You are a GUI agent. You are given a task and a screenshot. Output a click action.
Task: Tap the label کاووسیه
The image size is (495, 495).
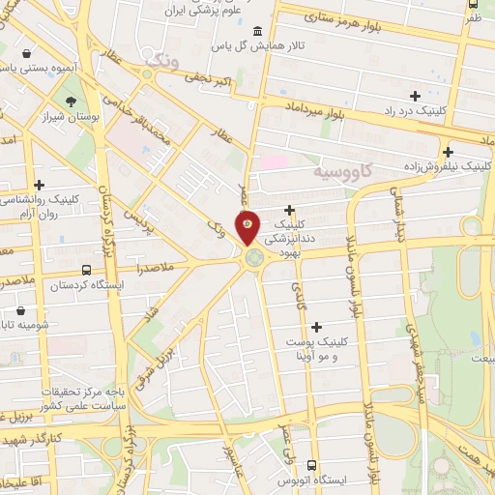tap(344, 172)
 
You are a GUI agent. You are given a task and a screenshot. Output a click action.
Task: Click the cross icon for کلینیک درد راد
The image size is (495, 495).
tap(416, 96)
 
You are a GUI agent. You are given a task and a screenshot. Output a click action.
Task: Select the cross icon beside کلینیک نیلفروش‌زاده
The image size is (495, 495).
tap(448, 151)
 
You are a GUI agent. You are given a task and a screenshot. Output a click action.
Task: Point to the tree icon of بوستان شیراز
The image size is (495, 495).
tap(71, 101)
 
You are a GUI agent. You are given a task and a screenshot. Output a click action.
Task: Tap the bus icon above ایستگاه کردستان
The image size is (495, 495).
tap(87, 271)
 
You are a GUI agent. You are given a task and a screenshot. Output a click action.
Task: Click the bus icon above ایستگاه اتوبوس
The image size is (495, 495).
tap(311, 466)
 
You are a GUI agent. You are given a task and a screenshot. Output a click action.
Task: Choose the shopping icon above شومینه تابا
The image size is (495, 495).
tap(21, 311)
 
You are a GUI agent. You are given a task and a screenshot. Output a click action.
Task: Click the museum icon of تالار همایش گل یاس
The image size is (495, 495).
tap(255, 29)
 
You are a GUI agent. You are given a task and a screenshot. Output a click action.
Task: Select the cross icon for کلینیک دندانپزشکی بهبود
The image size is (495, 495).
tap(289, 209)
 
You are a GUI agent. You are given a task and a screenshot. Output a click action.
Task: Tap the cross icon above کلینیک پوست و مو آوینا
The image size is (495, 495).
tap(316, 327)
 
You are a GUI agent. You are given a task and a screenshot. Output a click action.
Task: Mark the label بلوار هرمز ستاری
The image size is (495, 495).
tap(348, 17)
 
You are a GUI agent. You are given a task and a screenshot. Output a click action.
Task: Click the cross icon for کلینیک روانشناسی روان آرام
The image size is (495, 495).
tap(39, 185)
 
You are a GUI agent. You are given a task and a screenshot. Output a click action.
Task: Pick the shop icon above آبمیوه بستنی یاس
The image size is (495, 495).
tap(37, 54)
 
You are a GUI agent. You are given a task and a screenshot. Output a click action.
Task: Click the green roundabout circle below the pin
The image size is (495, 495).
tap(253, 257)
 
